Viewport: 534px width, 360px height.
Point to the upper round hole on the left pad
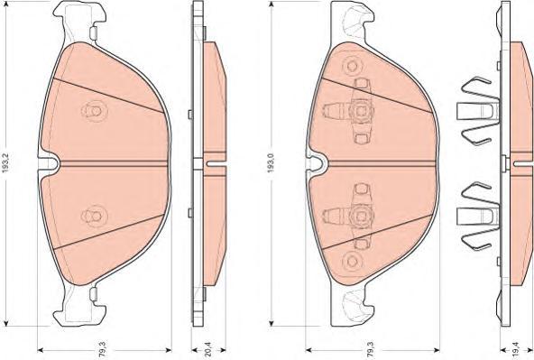point(92,111)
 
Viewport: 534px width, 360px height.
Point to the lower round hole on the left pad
point(92,217)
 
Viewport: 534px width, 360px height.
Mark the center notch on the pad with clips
point(318,164)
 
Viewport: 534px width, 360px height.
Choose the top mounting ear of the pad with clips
point(352,16)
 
